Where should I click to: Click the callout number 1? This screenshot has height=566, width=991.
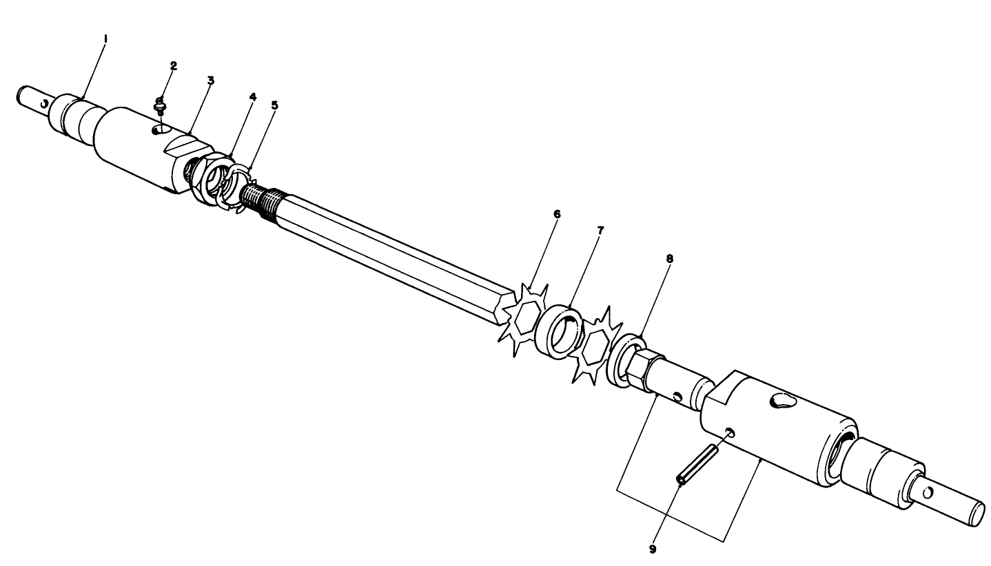tap(105, 39)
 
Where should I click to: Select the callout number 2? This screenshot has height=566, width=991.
tap(174, 65)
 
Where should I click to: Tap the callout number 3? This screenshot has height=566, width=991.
tap(211, 80)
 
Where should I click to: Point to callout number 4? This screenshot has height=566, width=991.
tap(253, 97)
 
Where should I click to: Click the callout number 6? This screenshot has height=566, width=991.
tap(557, 214)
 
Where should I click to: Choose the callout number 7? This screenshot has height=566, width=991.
tap(600, 230)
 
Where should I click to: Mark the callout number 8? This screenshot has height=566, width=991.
tap(669, 259)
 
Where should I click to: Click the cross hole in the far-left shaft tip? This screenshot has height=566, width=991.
tap(44, 105)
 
